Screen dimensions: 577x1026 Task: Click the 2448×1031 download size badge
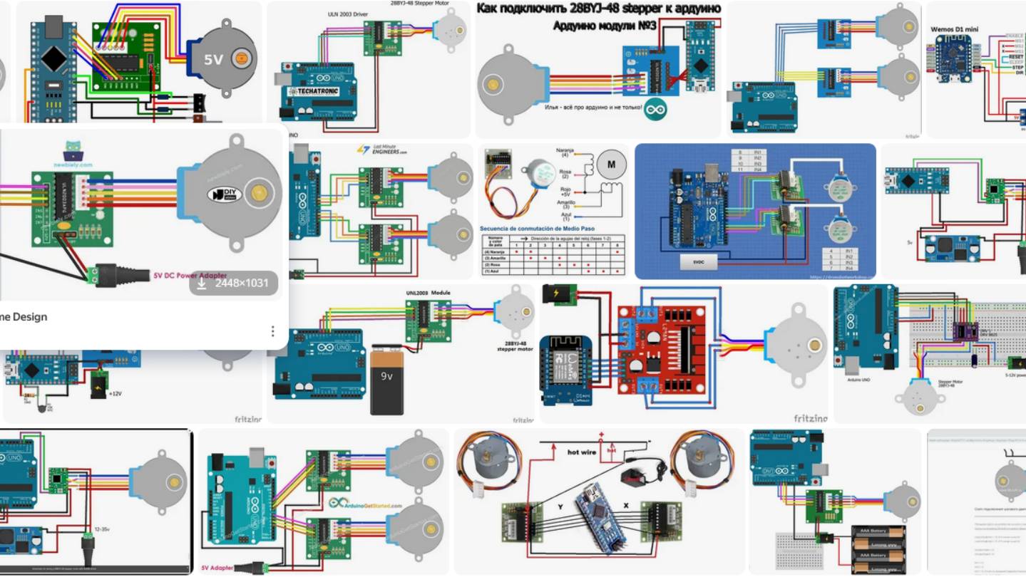pyautogui.click(x=234, y=283)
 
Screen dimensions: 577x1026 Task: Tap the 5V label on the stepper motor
pyautogui.click(x=214, y=60)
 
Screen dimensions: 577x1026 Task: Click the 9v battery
pyautogui.click(x=386, y=379)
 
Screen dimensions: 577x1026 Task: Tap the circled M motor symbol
pyautogui.click(x=610, y=164)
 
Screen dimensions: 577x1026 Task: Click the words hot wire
pyautogui.click(x=582, y=452)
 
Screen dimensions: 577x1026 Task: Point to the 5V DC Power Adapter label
pyautogui.click(x=190, y=274)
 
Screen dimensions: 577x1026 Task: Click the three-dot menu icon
pyautogui.click(x=272, y=331)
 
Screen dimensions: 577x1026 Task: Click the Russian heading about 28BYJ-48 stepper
pyautogui.click(x=597, y=9)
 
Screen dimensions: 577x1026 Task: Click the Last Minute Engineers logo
pyautogui.click(x=382, y=150)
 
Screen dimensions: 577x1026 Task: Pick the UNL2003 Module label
pyautogui.click(x=429, y=293)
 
